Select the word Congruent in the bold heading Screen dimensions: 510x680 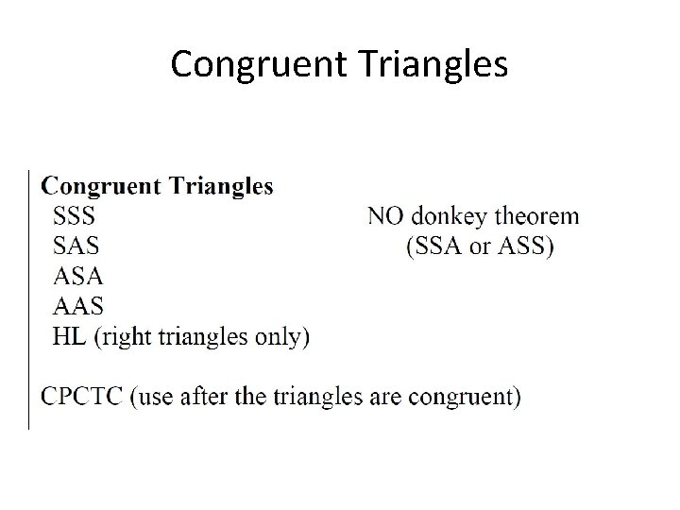pyautogui.click(x=101, y=186)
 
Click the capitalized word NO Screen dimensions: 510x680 pyautogui.click(x=386, y=216)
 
